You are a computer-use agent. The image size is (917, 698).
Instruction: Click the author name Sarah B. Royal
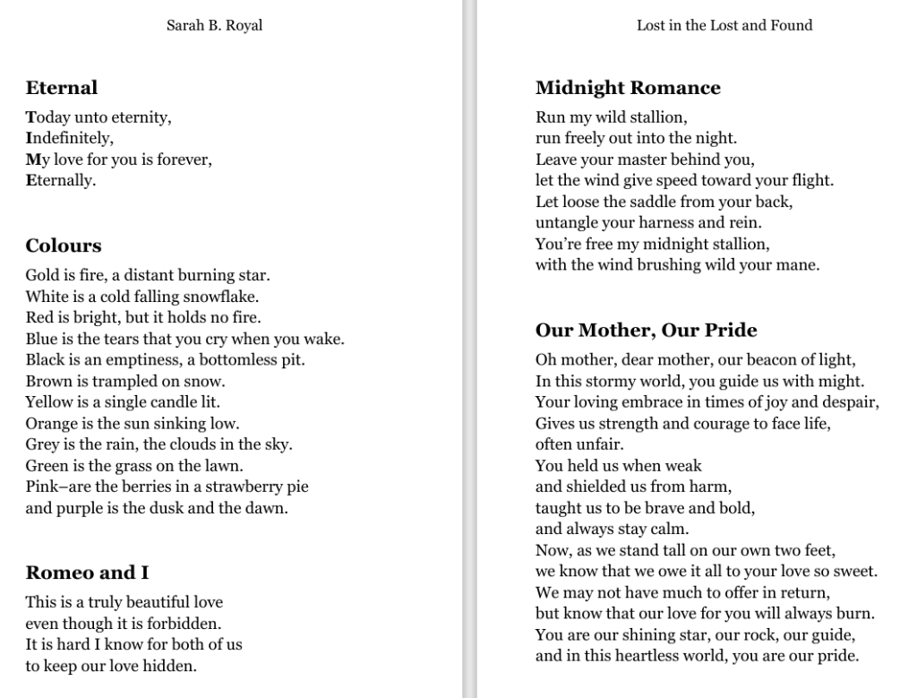(x=214, y=25)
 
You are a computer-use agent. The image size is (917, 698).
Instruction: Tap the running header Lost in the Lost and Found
(x=724, y=25)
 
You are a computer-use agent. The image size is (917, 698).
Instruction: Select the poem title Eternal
(x=61, y=88)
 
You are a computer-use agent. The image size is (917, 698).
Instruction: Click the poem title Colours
(x=64, y=246)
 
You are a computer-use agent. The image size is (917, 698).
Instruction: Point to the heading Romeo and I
(x=87, y=573)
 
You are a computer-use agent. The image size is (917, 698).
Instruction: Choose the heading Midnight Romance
(x=628, y=88)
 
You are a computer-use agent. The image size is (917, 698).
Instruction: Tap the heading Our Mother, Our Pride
(x=646, y=331)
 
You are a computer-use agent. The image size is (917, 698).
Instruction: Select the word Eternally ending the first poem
(x=60, y=180)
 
